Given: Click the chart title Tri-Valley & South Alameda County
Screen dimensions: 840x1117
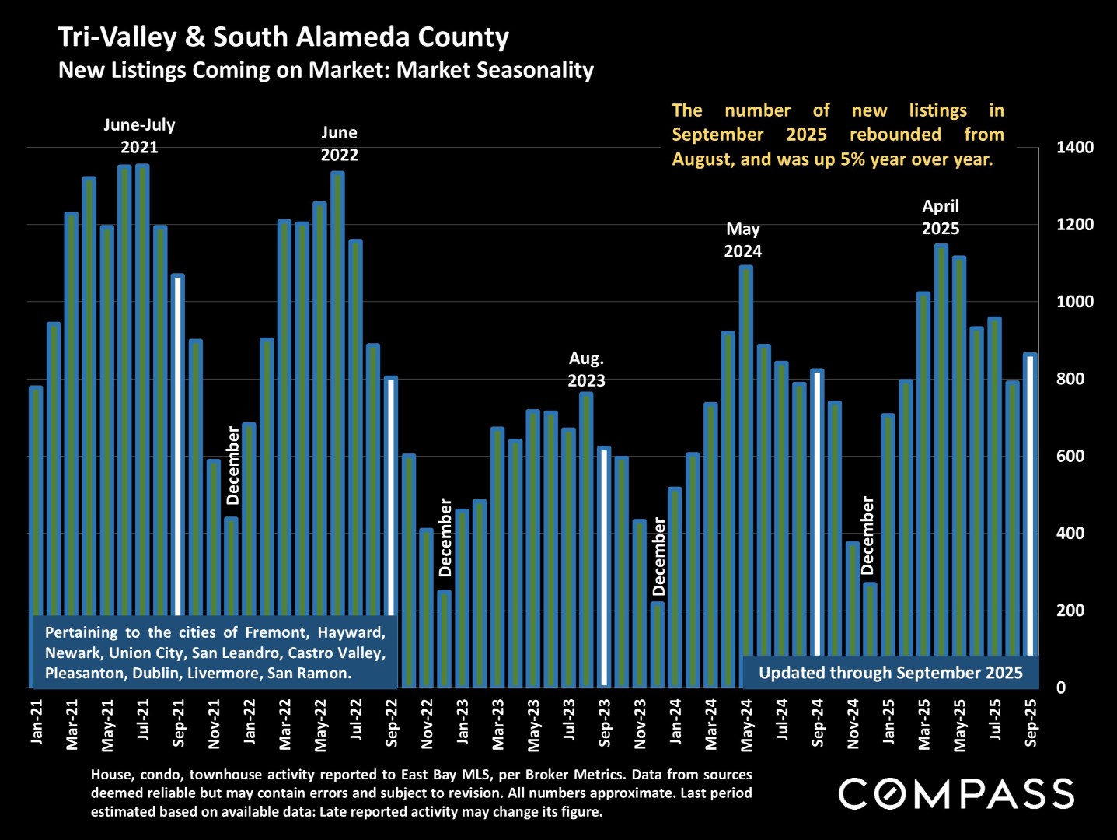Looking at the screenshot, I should pos(284,37).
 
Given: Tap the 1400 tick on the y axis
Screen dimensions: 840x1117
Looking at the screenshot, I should pos(1074,147).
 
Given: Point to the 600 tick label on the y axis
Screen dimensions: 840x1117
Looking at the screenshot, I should pos(1070,456).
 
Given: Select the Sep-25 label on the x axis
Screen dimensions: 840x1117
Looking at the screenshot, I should pos(1031,723).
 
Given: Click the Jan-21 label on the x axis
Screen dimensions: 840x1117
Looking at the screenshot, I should pos(37,722).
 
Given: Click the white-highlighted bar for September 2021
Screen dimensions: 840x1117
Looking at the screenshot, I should pos(178,443).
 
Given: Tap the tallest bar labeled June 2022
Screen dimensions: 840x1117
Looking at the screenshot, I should pos(337,389).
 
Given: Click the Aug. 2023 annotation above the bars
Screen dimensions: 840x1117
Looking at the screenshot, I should pos(586,369).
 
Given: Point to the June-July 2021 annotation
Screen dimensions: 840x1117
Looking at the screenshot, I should pos(139,136).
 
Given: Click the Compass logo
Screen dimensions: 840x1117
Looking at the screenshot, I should pos(956,794).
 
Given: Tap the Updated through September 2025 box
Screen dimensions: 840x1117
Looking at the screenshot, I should pos(890,673).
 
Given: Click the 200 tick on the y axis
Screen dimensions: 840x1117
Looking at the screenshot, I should pos(1070,611).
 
